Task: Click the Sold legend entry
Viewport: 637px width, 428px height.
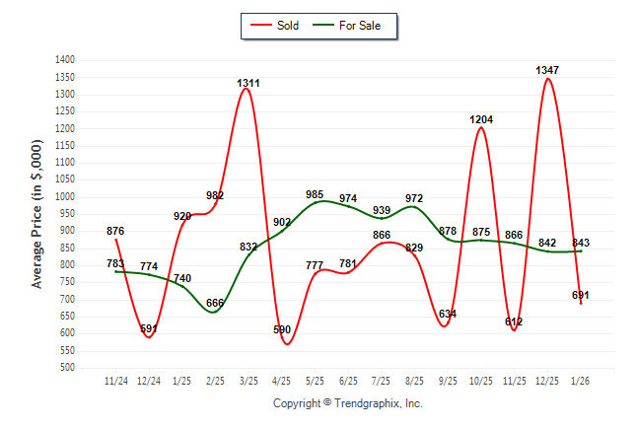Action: click(276, 26)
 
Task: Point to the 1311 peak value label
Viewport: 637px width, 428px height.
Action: click(248, 83)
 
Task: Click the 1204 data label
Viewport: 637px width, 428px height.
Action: click(481, 119)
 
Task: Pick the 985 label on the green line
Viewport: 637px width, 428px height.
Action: click(315, 194)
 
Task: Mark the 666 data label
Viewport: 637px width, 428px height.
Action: click(215, 302)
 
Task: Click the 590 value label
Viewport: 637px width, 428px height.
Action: click(282, 329)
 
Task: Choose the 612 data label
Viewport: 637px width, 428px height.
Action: click(514, 321)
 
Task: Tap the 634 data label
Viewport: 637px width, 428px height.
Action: click(448, 314)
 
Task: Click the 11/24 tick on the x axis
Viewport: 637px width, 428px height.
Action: click(116, 381)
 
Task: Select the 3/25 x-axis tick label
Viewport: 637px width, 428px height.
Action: click(248, 381)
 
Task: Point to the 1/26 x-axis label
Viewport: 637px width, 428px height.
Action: click(581, 381)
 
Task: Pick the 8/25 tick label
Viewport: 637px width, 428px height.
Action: click(414, 381)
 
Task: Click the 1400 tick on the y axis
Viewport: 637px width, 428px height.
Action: click(66, 60)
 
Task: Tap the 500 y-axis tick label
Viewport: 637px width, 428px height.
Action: click(69, 368)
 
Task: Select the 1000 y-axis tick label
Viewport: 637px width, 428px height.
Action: click(66, 197)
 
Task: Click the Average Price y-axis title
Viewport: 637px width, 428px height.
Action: click(37, 214)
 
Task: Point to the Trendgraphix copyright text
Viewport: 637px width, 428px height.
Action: click(347, 403)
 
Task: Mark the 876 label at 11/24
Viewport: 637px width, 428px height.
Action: click(115, 231)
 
